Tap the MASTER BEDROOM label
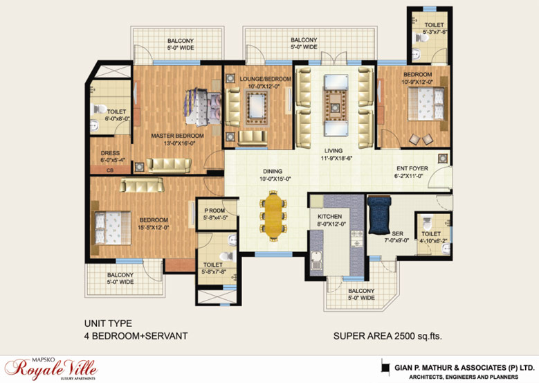point(177,136)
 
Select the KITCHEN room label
point(329,217)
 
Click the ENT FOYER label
point(412,168)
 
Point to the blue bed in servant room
point(379,215)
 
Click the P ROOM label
point(214,211)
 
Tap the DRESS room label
point(110,153)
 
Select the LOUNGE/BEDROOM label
point(266,79)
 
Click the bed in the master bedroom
point(203,108)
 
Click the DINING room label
point(273,171)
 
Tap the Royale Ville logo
point(51,369)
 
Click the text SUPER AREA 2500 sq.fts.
point(387,335)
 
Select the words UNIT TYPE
point(108,323)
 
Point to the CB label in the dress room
point(110,170)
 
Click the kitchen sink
point(316,261)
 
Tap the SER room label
point(397,233)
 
